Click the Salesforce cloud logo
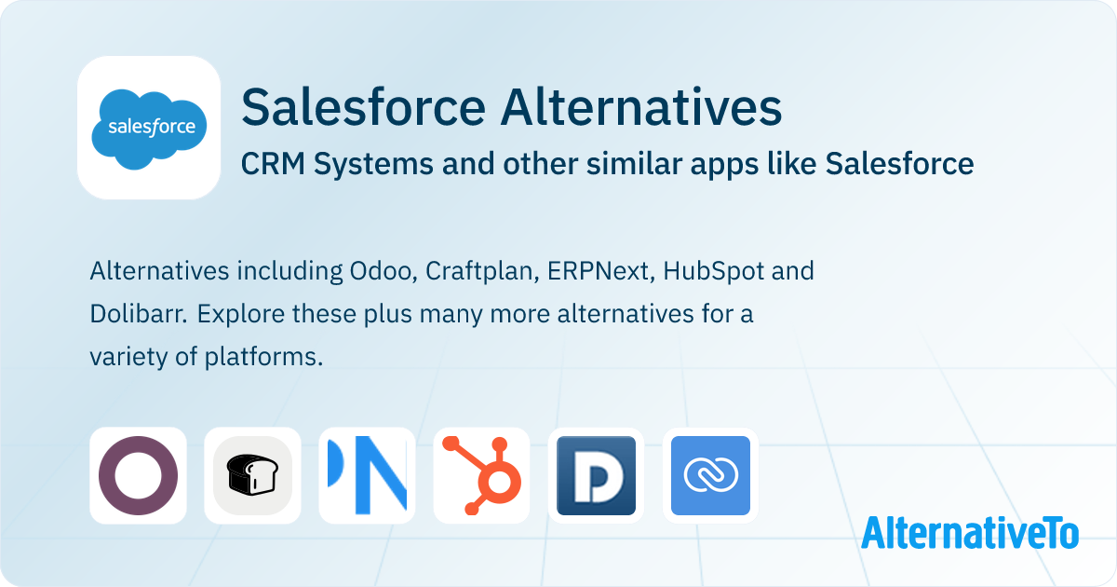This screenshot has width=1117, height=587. [x=149, y=129]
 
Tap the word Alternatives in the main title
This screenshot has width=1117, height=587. [x=641, y=107]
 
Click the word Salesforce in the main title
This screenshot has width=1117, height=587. [x=364, y=107]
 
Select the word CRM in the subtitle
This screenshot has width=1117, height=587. [x=273, y=164]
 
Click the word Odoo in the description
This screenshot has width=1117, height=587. [x=383, y=271]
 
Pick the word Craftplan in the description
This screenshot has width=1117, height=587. [x=482, y=271]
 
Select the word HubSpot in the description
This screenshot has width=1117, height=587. [x=714, y=271]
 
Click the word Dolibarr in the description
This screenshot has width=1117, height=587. [x=139, y=314]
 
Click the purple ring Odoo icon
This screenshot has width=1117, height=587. [x=138, y=475]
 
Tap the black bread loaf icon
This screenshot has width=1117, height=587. [x=252, y=474]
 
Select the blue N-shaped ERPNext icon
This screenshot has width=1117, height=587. [x=367, y=475]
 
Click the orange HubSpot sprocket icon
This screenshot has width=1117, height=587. [x=482, y=475]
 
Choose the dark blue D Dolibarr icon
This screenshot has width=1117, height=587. [x=596, y=475]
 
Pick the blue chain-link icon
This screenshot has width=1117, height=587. [x=710, y=475]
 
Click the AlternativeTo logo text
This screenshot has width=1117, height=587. [x=970, y=533]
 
